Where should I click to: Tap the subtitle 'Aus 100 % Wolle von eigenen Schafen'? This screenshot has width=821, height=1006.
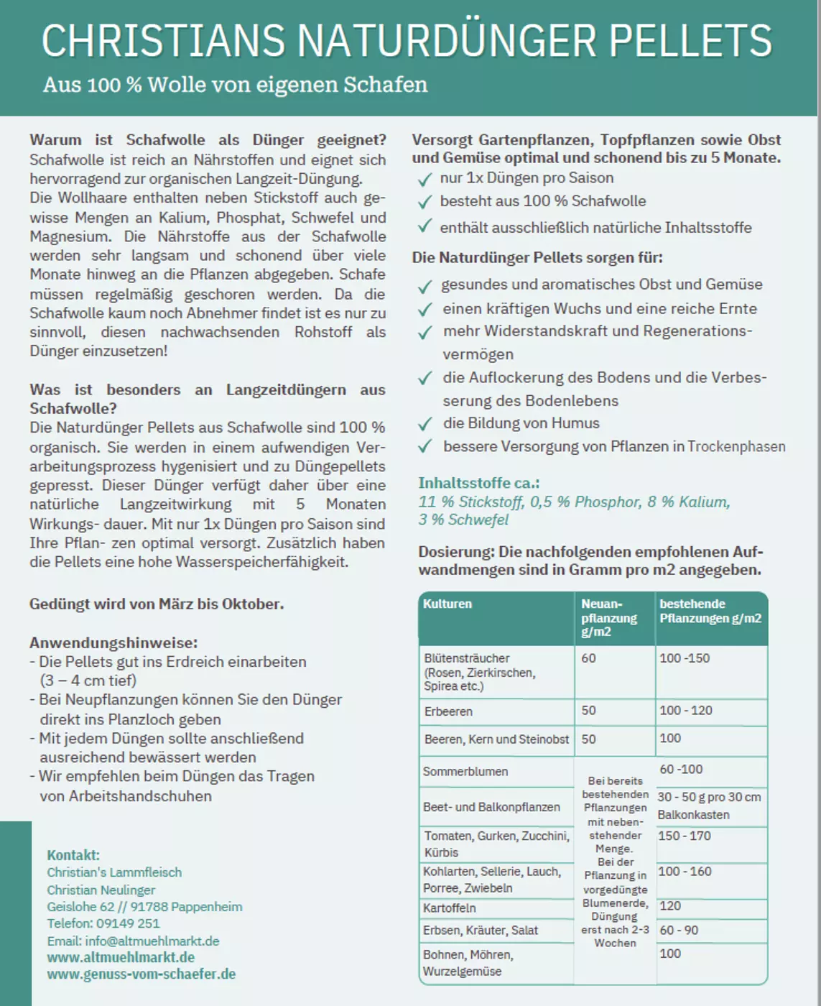235,85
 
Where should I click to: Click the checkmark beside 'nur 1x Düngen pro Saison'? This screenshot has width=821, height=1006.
425,179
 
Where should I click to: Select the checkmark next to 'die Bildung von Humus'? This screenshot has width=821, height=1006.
425,424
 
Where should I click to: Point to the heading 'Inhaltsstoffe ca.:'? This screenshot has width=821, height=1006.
478,483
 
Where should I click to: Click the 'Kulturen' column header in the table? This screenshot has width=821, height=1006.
447,604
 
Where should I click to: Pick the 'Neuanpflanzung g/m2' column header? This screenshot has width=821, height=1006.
608,617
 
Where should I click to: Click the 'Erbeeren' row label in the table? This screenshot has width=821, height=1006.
448,711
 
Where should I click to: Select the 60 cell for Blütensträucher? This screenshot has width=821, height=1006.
588,658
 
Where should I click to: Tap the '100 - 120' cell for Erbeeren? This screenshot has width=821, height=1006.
685,711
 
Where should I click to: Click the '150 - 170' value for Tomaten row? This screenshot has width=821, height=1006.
684,836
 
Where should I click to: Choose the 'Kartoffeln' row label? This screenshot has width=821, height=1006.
449,908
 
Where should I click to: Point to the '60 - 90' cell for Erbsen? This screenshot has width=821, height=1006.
679,930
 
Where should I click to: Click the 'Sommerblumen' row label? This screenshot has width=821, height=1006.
465,772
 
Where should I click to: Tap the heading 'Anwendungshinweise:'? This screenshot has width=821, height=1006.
113,642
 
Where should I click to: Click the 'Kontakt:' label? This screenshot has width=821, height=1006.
73,855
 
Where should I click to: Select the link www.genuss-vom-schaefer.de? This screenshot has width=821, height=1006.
142,974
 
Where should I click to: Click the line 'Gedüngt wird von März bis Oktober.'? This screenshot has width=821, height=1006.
157,604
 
